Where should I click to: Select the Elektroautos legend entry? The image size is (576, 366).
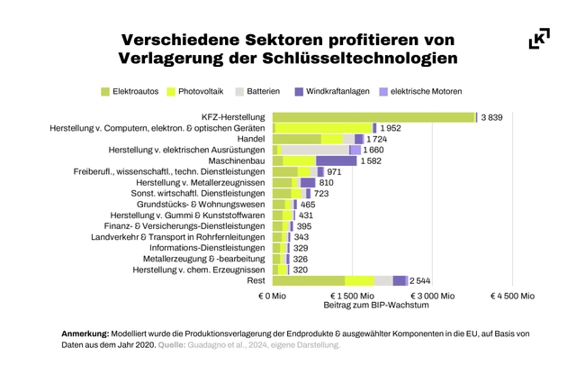tap(130, 91)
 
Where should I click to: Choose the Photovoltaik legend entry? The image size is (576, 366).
tap(195, 91)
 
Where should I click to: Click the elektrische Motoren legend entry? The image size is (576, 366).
tap(421, 91)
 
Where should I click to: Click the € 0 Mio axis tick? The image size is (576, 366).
tap(273, 295)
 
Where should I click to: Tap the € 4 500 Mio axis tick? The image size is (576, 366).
tap(512, 295)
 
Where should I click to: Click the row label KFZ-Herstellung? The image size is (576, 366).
tap(231, 117)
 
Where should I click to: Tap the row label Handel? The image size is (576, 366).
tap(250, 139)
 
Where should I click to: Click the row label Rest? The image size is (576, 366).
tap(256, 281)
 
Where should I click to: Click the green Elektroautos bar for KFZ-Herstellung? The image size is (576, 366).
tap(373, 117)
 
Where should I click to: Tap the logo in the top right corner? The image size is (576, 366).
tap(539, 39)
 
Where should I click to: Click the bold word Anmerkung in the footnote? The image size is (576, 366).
tap(85, 334)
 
